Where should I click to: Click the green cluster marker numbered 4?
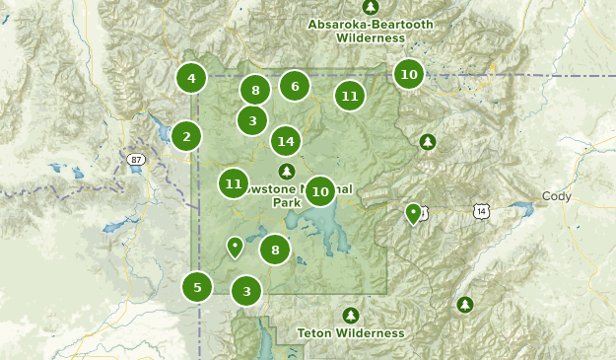tap(191, 77)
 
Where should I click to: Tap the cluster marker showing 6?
tap(294, 86)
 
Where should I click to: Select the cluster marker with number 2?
tap(186, 136)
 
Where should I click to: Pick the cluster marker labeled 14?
tap(286, 141)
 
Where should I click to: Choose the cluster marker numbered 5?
tap(197, 287)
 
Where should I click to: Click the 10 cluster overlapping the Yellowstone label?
tap(319, 190)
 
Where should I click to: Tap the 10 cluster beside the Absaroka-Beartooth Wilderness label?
tap(408, 73)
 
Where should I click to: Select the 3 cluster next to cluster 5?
tap(246, 290)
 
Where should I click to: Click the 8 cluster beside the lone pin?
tap(275, 250)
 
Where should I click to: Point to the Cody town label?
tap(556, 196)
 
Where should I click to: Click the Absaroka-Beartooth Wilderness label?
tap(356, 31)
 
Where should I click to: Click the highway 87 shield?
tap(135, 158)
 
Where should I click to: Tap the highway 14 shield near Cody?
tap(480, 211)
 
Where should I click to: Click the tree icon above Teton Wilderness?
tap(350, 315)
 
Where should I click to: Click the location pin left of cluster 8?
tap(235, 247)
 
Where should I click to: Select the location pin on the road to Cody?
tap(414, 213)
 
